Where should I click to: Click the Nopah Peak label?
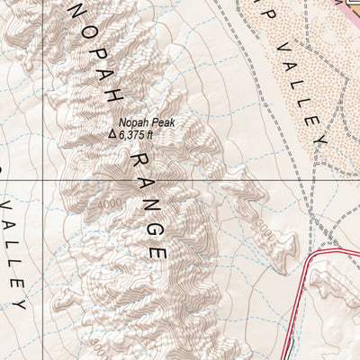point(146,122)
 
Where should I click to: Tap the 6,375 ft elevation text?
point(139,135)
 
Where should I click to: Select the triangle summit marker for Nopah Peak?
point(112,135)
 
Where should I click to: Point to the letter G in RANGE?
point(153,227)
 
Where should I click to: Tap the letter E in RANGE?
point(159,251)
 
